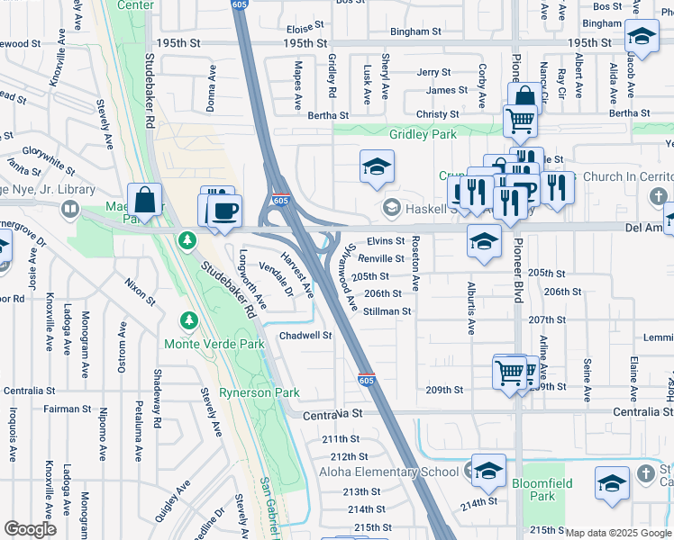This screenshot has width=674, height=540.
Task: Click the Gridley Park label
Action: (x=423, y=134)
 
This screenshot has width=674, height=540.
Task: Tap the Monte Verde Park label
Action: (x=214, y=344)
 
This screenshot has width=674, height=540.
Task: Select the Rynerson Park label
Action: (x=261, y=392)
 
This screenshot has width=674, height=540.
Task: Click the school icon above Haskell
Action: (x=376, y=166)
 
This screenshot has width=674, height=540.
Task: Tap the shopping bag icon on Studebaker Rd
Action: (x=144, y=200)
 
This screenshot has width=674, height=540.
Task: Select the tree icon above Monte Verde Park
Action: (x=187, y=319)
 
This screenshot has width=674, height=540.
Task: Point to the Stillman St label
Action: (x=387, y=311)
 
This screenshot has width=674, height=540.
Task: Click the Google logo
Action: (x=30, y=529)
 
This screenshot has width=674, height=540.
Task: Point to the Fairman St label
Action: (x=62, y=409)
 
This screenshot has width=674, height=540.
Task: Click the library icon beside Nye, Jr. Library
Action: (x=68, y=210)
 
